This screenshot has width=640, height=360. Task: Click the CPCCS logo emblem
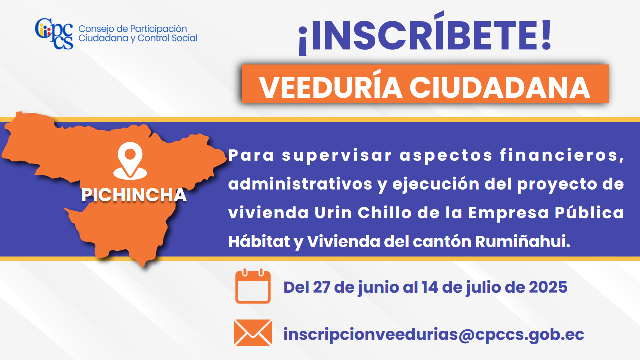point(54,33)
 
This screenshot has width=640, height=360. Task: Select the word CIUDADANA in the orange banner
point(500,87)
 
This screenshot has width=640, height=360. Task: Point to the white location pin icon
point(130,161)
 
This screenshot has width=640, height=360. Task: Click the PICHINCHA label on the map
point(134,195)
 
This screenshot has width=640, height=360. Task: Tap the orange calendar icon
point(253,286)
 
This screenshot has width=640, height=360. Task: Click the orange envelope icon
point(253,333)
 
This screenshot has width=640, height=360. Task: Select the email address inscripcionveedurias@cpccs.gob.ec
point(434,334)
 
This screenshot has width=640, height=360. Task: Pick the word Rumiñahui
point(523,241)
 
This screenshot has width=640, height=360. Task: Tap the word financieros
point(562,156)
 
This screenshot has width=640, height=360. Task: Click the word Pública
point(589,213)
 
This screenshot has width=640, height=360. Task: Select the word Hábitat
point(259,241)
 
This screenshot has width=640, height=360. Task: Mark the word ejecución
point(436,184)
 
